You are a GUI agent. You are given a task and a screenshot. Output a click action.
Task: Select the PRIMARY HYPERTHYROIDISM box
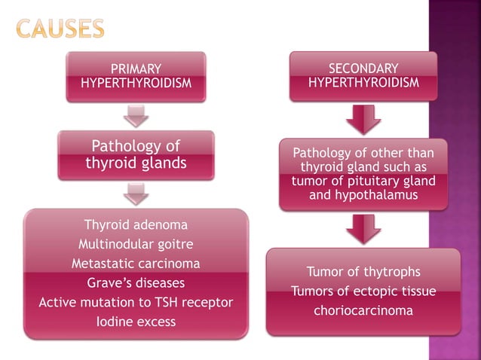136,76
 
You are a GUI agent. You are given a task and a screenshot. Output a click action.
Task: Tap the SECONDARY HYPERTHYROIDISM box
363,75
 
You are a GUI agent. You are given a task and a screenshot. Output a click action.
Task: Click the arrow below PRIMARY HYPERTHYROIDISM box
136,116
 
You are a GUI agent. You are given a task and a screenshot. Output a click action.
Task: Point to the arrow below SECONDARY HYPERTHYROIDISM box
363,119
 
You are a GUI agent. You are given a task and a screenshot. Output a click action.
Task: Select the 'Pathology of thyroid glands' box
136,154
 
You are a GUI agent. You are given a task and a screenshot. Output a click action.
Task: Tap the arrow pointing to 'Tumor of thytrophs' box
363,228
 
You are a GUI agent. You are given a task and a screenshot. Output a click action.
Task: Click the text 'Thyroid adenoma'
136,224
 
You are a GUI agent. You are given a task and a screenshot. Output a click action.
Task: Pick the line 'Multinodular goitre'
136,244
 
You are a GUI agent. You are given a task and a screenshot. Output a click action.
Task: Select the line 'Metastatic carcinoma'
136,264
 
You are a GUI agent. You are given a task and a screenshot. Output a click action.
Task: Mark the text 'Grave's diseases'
136,283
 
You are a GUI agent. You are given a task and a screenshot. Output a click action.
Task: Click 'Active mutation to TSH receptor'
136,303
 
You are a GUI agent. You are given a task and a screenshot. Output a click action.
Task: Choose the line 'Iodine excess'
136,322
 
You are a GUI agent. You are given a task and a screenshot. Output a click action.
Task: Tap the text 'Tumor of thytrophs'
363,272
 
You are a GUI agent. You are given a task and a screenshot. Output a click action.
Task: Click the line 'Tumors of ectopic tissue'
363,291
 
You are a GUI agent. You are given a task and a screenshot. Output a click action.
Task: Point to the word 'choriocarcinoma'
363,310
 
